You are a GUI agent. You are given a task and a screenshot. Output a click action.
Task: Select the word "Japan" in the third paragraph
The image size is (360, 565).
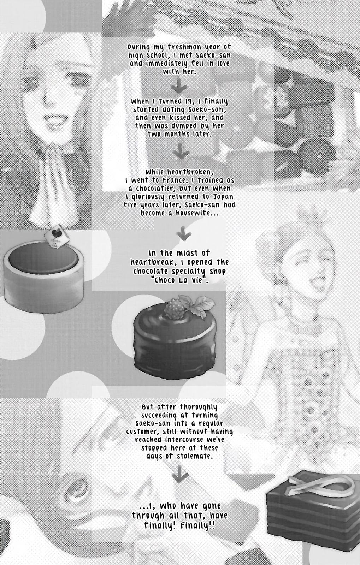click(224, 197)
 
